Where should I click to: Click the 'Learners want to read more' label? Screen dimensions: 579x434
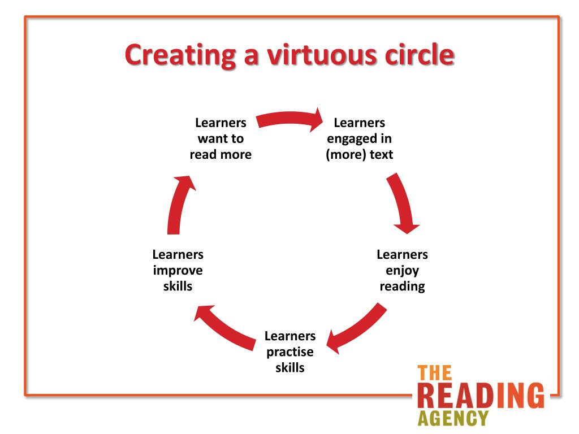tap(221, 138)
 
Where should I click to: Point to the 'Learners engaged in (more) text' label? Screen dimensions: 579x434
tap(360, 138)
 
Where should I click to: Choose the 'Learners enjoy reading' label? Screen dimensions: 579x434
tap(402, 270)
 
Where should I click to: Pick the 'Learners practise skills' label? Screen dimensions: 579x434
tap(290, 351)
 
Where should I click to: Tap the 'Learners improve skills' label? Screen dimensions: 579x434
tap(178, 270)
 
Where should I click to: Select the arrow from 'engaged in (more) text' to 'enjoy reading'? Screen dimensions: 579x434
tap(404, 203)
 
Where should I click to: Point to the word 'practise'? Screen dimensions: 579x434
tap(290, 352)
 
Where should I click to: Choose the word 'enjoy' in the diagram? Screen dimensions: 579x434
tap(402, 271)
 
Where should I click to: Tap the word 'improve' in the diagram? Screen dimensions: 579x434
tap(178, 271)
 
